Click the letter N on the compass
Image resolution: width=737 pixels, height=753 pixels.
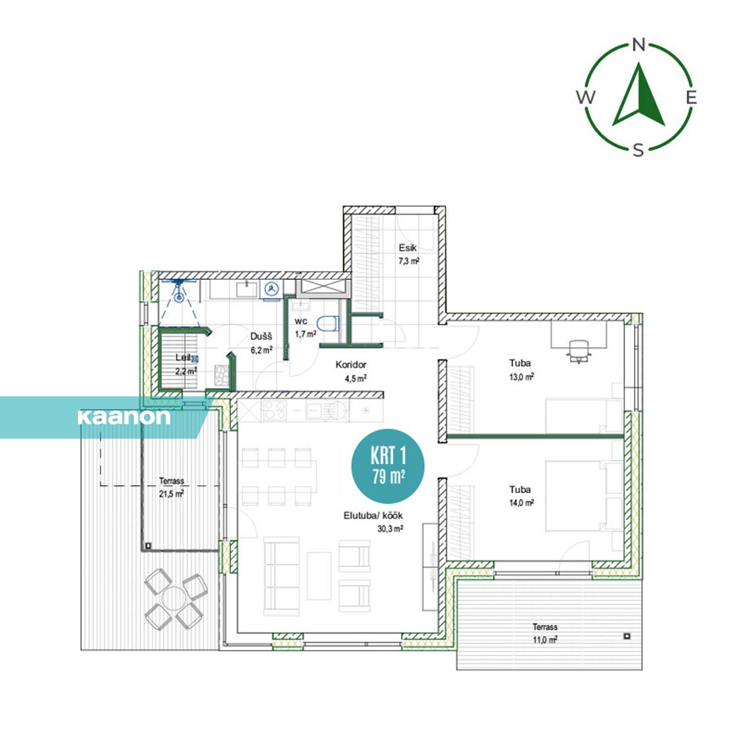(x=639, y=45)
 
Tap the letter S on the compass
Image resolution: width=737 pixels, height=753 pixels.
(x=638, y=150)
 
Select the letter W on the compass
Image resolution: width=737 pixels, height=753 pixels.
(x=586, y=97)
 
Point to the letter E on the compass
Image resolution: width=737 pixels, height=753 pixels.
(x=691, y=98)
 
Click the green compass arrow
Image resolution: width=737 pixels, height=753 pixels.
(x=639, y=96)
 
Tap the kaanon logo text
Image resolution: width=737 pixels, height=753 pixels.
(x=124, y=417)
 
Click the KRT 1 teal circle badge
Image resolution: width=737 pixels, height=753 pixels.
(x=388, y=466)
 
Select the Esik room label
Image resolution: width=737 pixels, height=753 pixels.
(x=407, y=247)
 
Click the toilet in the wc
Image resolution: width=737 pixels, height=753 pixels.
(x=328, y=323)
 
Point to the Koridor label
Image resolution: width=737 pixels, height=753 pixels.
(x=351, y=364)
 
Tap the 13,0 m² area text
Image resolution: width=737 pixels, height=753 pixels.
(x=521, y=377)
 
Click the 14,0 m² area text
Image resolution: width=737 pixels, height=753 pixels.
(x=521, y=503)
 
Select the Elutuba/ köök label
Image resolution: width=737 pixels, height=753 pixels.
(x=373, y=515)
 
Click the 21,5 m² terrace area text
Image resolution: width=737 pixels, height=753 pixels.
(x=172, y=494)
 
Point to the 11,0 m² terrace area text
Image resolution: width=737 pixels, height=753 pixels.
(x=545, y=639)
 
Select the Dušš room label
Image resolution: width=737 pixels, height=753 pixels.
(x=261, y=336)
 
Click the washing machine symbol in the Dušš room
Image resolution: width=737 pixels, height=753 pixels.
(x=272, y=289)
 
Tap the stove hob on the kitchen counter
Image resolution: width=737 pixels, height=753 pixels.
(x=275, y=410)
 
